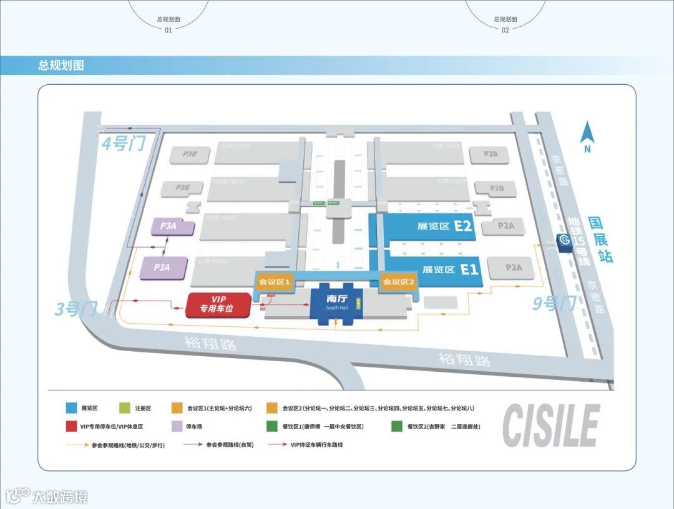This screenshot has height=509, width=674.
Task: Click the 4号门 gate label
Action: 123,144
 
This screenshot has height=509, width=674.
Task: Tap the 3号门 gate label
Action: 77,309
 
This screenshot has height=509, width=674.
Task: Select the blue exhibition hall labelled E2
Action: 431,226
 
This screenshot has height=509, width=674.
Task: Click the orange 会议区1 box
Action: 275,282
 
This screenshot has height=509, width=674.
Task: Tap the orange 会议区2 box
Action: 399,282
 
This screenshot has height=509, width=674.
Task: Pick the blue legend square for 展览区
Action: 72,408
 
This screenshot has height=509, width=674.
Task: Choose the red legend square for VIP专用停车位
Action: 72,427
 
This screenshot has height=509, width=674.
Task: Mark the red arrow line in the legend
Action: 276,445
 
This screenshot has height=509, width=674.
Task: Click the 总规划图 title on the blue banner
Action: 61,65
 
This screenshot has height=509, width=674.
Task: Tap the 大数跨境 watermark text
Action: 59,497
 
